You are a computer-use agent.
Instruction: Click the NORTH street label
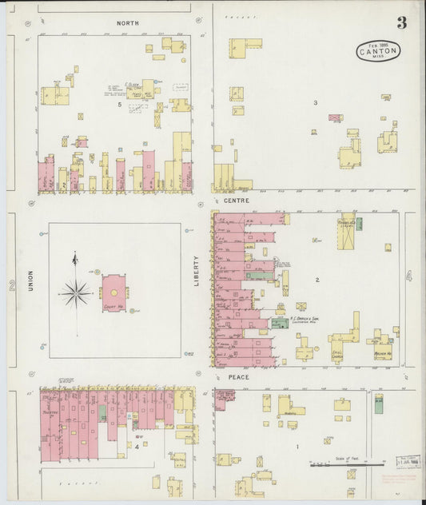pos(127,23)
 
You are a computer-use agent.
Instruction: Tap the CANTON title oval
pos(378,52)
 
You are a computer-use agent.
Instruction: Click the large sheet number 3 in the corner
pos(401,23)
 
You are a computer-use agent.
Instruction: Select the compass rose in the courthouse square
pos(75,292)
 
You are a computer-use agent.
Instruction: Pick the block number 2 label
pos(317,280)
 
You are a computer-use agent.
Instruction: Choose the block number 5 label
pos(120,105)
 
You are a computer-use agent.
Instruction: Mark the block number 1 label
pos(297,447)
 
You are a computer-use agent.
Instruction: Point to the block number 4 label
pos(137,446)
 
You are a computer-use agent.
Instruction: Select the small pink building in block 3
pos(335,118)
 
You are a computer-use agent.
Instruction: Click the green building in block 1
pos(378,404)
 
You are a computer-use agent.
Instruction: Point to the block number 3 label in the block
pos(315,102)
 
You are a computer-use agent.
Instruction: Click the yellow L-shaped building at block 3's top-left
pos(245,46)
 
